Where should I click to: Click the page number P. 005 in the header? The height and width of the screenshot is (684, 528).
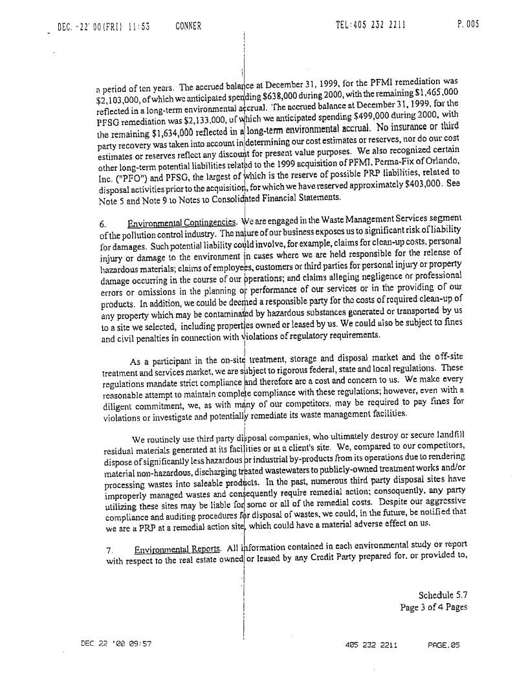[468, 25]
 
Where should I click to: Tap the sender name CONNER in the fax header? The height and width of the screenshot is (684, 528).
[188, 27]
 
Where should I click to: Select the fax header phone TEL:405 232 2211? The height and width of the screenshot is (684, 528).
[371, 25]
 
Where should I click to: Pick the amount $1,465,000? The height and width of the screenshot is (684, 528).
[435, 93]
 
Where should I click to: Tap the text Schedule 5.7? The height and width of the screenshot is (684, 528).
[443, 595]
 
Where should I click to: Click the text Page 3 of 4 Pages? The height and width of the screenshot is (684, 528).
[434, 607]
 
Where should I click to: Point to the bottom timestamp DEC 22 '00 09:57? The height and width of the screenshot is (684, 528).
[116, 644]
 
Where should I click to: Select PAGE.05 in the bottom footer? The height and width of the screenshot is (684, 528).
[443, 645]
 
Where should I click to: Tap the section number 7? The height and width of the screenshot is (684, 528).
[110, 550]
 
